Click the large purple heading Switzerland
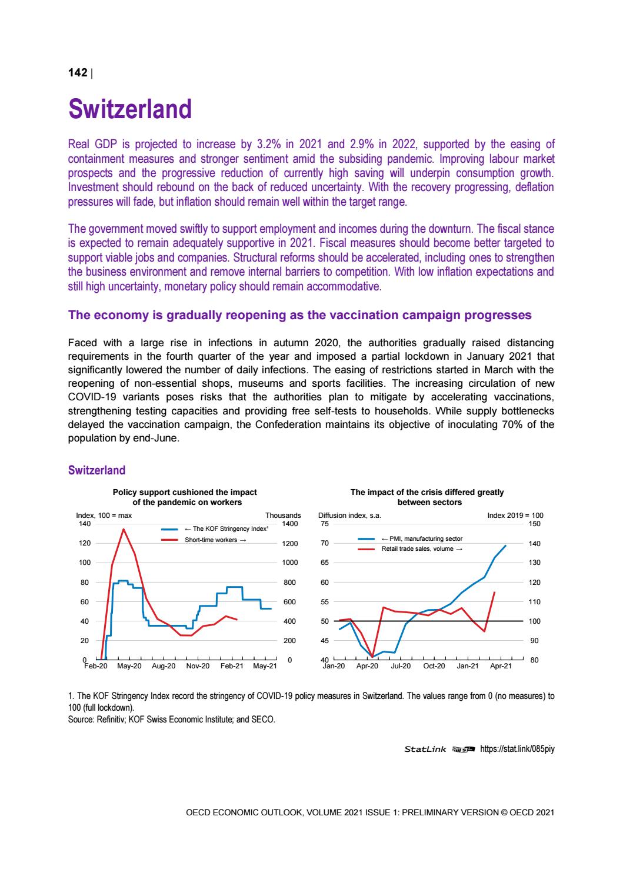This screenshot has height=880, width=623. (x=130, y=109)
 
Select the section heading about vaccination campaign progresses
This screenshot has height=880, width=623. (x=300, y=315)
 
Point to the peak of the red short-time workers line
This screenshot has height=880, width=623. (x=124, y=529)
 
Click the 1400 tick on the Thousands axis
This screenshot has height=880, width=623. (x=291, y=524)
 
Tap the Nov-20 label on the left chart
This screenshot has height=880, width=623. (x=198, y=666)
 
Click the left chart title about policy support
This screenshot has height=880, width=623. (x=185, y=497)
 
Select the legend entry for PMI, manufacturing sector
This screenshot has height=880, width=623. (x=422, y=538)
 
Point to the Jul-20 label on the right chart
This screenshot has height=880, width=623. (x=400, y=666)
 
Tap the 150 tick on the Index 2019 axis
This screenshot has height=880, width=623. (x=535, y=524)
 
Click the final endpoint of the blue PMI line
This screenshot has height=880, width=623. (x=505, y=546)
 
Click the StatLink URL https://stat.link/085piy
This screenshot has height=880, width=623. (x=517, y=749)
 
